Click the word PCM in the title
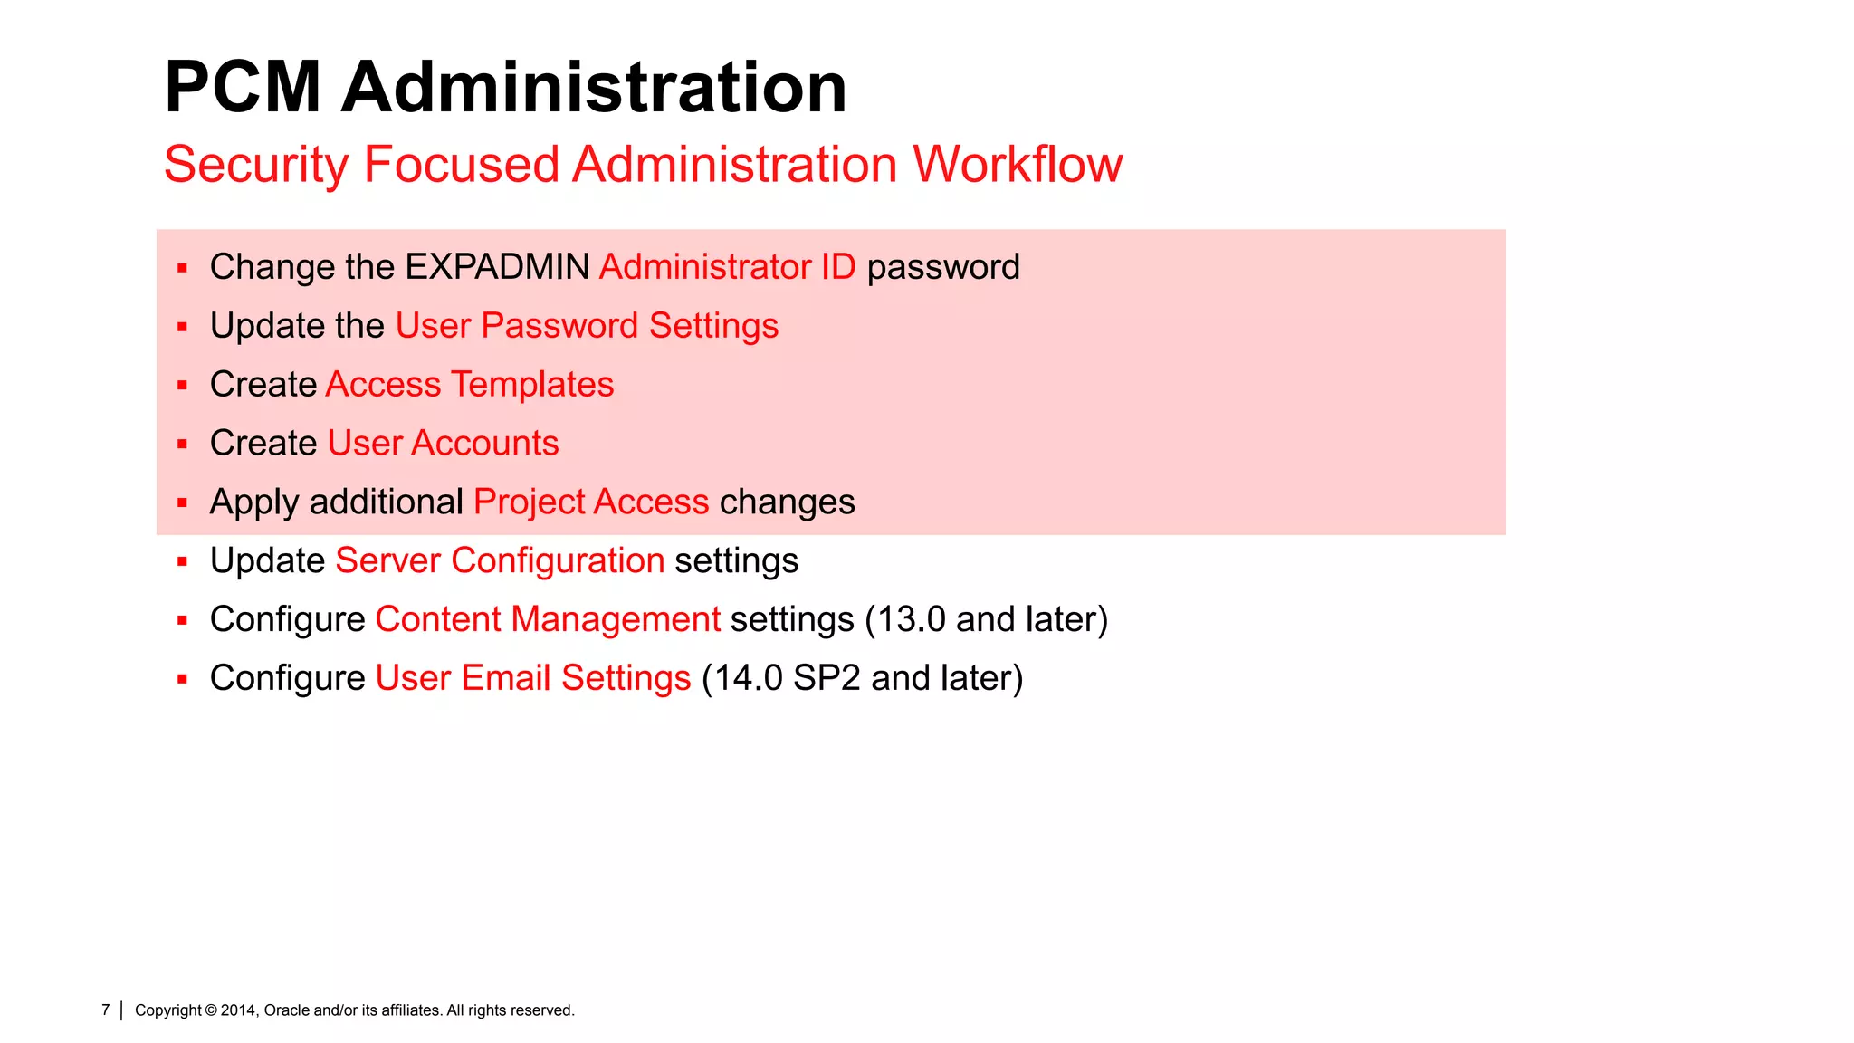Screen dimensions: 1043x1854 [x=243, y=87]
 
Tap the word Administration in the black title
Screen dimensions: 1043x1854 [x=594, y=87]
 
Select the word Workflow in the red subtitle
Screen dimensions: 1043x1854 [x=1017, y=165]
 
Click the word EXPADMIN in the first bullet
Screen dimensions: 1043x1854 [x=497, y=267]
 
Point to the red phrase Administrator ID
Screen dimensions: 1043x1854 [x=727, y=267]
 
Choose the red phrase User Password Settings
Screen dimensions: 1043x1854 [x=587, y=326]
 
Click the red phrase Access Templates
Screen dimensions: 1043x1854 [x=469, y=385]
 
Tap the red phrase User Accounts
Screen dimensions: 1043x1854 [x=443, y=444]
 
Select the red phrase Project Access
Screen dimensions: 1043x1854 [x=591, y=502]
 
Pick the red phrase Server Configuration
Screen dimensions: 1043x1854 [x=500, y=560]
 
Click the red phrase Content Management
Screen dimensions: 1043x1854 [x=548, y=619]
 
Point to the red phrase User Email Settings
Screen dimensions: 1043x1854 [x=533, y=678]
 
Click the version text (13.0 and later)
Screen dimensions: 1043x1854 [x=987, y=619]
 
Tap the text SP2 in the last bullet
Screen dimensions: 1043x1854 [x=826, y=678]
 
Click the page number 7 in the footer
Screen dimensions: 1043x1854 [x=106, y=1010]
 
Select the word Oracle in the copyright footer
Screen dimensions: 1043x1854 [x=286, y=1010]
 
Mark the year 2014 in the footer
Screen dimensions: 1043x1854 [x=239, y=1010]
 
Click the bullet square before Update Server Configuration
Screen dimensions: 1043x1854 [x=183, y=561]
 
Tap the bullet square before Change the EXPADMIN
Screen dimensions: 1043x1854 [x=183, y=268]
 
